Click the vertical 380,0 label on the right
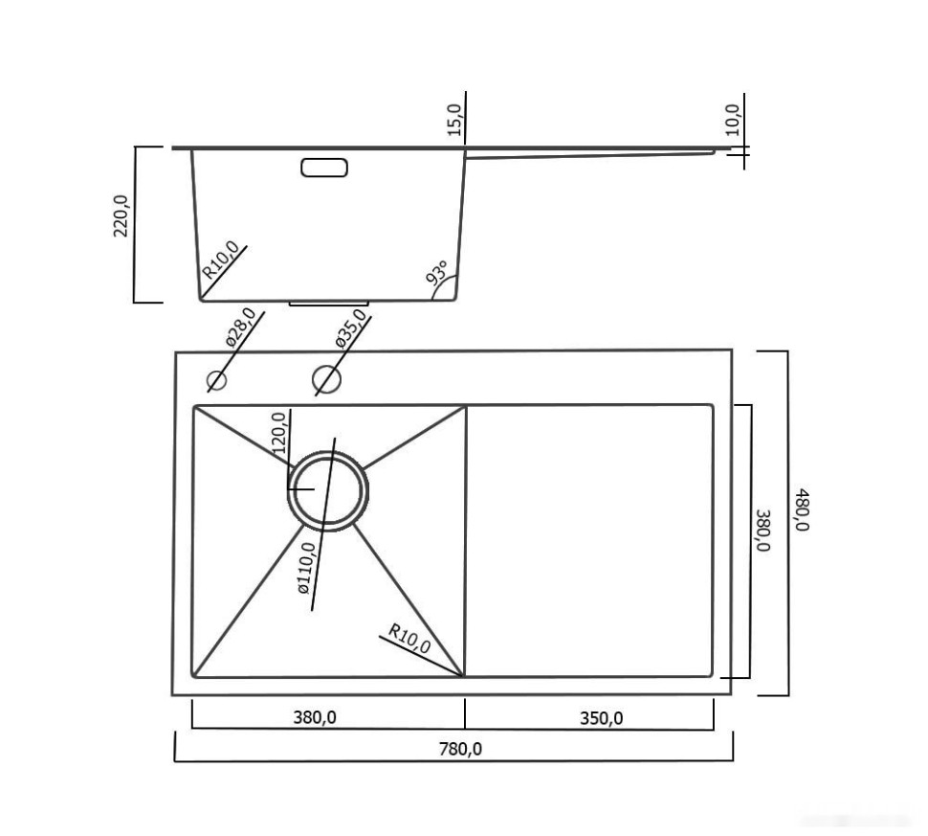pyautogui.click(x=762, y=530)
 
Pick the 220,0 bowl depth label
pyautogui.click(x=122, y=215)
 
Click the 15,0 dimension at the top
pyautogui.click(x=454, y=119)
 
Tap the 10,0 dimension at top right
pyautogui.click(x=733, y=120)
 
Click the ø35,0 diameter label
pyautogui.click(x=351, y=328)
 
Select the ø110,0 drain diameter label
pyautogui.click(x=307, y=569)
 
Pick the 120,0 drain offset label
pyautogui.click(x=279, y=432)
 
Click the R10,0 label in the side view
pyautogui.click(x=219, y=258)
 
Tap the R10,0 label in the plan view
pyautogui.click(x=409, y=639)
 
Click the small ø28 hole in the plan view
pyautogui.click(x=217, y=380)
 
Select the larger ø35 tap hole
pyautogui.click(x=326, y=380)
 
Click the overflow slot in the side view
pyautogui.click(x=324, y=168)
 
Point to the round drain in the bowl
pyautogui.click(x=327, y=489)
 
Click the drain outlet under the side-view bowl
pyautogui.click(x=327, y=304)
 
